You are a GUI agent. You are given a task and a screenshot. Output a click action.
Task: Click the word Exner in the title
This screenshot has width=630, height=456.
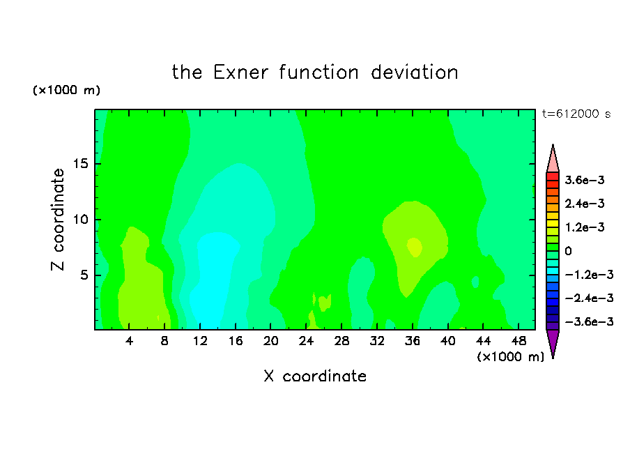coord(240,73)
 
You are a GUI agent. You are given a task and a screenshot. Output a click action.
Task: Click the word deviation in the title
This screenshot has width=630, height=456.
coord(414,73)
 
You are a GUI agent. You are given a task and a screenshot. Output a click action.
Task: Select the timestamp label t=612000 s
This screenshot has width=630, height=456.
coord(576,114)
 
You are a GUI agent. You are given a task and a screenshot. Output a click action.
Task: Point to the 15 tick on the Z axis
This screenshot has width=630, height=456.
coord(80,164)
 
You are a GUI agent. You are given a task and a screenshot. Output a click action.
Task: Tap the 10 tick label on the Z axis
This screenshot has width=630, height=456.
coord(80,220)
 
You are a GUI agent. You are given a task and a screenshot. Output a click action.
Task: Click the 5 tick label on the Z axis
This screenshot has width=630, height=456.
coord(84,275)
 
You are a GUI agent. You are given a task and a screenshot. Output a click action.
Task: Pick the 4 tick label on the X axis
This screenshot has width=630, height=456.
coord(129,341)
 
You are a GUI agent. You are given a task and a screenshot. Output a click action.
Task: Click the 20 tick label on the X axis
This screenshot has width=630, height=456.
coord(270,341)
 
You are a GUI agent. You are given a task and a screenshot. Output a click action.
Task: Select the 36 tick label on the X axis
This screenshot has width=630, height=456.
coord(413,341)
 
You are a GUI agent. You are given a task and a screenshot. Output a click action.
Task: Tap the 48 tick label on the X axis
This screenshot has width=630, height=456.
coord(518,341)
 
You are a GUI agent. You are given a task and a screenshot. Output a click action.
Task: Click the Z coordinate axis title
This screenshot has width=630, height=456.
coord(58,220)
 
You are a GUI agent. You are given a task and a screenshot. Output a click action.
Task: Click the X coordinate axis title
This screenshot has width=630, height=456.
coord(315,376)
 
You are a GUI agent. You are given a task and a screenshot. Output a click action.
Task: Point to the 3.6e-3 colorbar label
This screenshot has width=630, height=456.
coord(585,180)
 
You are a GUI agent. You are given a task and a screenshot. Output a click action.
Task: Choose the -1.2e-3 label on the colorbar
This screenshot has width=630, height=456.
coord(589,275)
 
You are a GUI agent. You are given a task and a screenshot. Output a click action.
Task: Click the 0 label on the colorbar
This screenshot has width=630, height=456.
coord(568,251)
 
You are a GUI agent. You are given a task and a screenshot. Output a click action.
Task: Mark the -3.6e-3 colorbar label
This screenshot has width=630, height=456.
coord(589,321)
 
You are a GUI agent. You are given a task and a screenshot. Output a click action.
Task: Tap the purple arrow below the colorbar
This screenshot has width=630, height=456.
coord(553,342)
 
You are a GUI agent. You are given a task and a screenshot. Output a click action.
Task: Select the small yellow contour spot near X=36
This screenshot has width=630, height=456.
coord(414,247)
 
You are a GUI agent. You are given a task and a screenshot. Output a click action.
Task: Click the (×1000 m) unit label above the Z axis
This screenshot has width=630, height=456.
coord(66,90)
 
